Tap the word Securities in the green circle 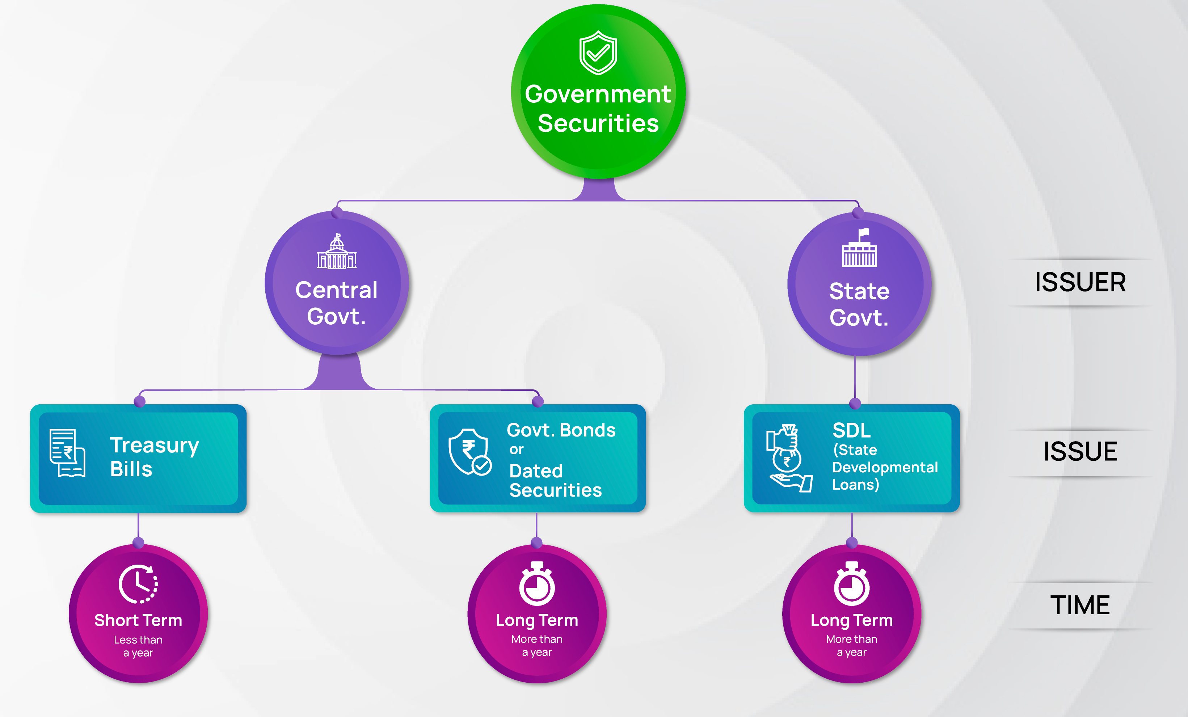598,123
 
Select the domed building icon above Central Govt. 337,251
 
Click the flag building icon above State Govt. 859,248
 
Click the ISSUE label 1080,452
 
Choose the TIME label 1080,605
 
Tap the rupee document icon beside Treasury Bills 67,453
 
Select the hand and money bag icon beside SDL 789,458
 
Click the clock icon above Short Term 138,584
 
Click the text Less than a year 138,646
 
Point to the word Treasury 154,446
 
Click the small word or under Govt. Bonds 517,450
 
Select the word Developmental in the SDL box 885,467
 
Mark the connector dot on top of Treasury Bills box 140,401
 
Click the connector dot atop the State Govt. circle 858,212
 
